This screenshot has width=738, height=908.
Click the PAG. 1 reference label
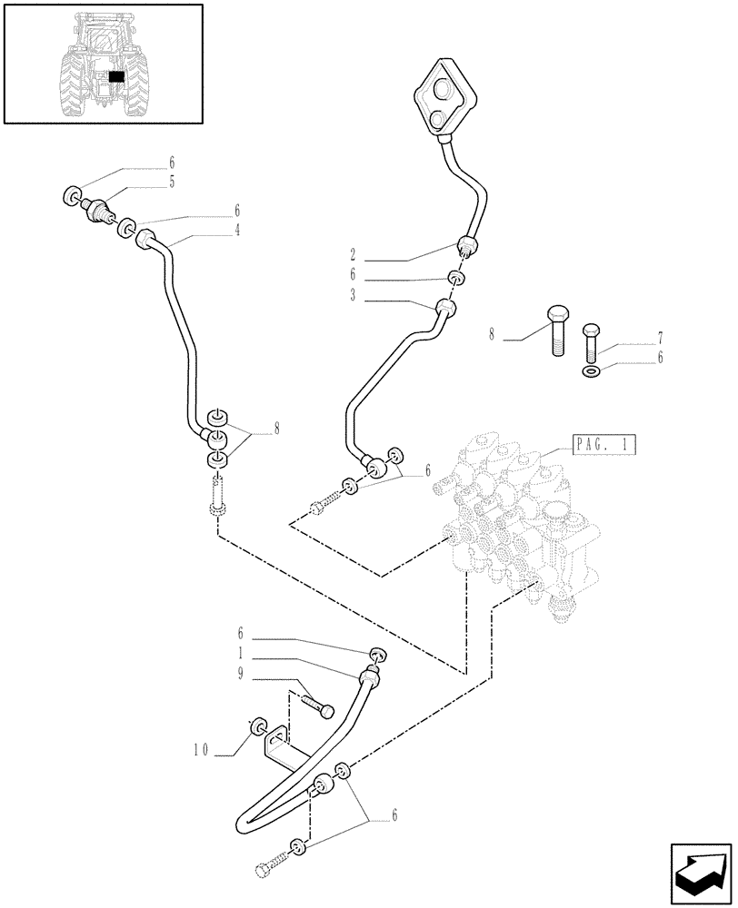point(604,445)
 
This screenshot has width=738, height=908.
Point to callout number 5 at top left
point(171,182)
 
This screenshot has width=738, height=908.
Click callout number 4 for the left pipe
point(237,231)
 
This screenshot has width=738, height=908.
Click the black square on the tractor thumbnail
point(115,78)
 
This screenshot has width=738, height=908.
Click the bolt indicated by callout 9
point(314,705)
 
